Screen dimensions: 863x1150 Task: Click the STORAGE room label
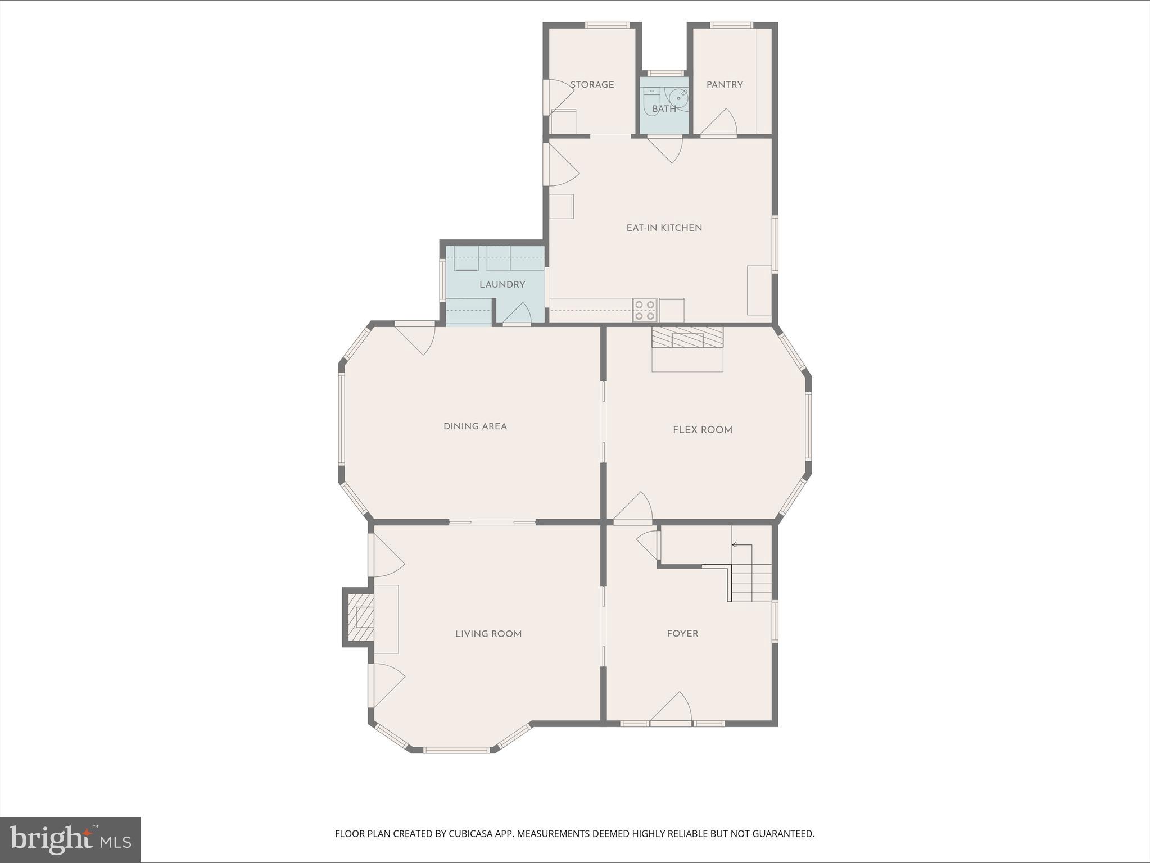592,85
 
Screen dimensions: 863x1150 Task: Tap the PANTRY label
725,85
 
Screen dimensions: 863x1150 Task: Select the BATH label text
664,109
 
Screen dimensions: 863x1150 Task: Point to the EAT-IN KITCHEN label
664,228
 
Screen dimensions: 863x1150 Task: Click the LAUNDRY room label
502,285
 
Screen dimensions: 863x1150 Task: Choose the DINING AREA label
475,426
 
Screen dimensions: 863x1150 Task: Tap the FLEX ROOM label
702,430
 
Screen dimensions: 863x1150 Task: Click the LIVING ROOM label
488,634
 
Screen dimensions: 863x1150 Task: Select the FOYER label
682,634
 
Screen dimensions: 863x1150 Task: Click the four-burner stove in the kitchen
644,310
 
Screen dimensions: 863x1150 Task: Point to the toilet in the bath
651,101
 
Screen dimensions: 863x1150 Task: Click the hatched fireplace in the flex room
687,338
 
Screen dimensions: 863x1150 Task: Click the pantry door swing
719,123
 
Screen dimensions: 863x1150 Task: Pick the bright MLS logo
70,839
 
